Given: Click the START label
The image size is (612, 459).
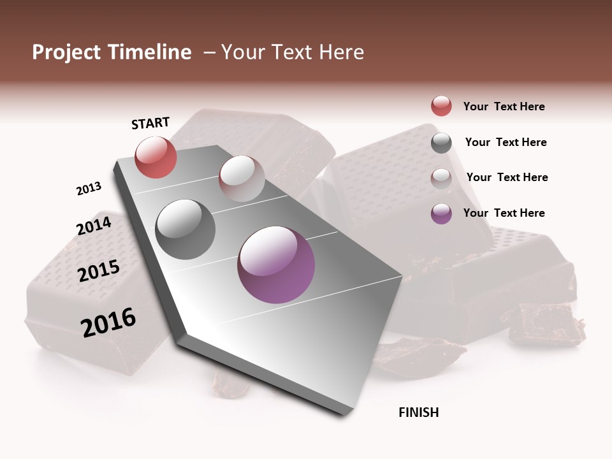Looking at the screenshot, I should pyautogui.click(x=150, y=123).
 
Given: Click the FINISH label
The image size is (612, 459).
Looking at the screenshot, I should pyautogui.click(x=418, y=412).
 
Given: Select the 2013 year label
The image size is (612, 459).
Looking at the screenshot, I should pyautogui.click(x=89, y=189).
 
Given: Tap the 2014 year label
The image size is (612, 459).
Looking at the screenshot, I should pyautogui.click(x=94, y=226).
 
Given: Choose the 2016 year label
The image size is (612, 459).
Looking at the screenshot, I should pyautogui.click(x=108, y=322).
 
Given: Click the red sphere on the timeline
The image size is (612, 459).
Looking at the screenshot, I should pyautogui.click(x=156, y=157).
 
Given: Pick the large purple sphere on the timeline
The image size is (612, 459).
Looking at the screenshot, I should pyautogui.click(x=276, y=265).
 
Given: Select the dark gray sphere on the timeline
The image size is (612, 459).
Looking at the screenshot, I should pyautogui.click(x=185, y=229).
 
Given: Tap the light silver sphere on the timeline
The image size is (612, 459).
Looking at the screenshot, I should pyautogui.click(x=242, y=178).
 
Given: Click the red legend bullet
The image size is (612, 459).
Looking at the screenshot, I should pyautogui.click(x=441, y=106).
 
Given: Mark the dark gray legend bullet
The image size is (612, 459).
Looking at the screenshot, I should pyautogui.click(x=441, y=143).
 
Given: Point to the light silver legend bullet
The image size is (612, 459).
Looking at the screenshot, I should pyautogui.click(x=441, y=178).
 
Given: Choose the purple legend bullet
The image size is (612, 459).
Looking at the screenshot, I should pyautogui.click(x=441, y=214).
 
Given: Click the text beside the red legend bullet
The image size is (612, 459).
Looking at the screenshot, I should pyautogui.click(x=504, y=106).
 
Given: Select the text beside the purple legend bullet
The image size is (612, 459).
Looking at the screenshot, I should pyautogui.click(x=504, y=213).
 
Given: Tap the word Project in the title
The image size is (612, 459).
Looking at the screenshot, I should pyautogui.click(x=66, y=52).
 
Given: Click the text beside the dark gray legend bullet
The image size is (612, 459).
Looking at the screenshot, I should pyautogui.click(x=506, y=142).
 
